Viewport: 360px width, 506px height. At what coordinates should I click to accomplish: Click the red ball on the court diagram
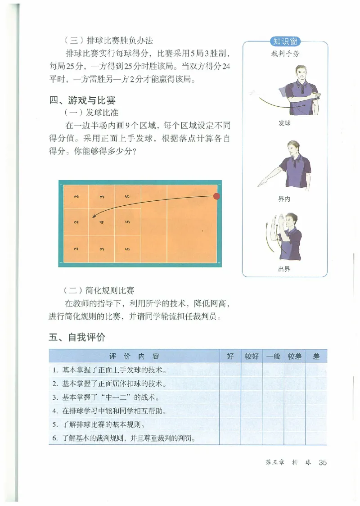click(x=216, y=196)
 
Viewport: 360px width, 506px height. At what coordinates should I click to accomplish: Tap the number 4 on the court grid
click(x=102, y=221)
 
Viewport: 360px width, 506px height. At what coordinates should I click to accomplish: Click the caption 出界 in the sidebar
click(x=284, y=269)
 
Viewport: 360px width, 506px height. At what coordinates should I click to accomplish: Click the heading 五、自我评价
click(x=76, y=337)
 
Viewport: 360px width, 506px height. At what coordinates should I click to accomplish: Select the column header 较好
click(x=252, y=357)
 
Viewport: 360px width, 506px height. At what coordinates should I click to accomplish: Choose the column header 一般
click(x=273, y=357)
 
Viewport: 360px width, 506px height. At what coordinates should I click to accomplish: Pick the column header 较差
click(x=295, y=357)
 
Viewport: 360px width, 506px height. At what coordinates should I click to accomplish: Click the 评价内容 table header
click(x=134, y=357)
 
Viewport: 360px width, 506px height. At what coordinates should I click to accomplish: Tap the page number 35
click(x=322, y=462)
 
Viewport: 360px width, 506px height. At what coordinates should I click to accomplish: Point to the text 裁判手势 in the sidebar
click(x=285, y=54)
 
